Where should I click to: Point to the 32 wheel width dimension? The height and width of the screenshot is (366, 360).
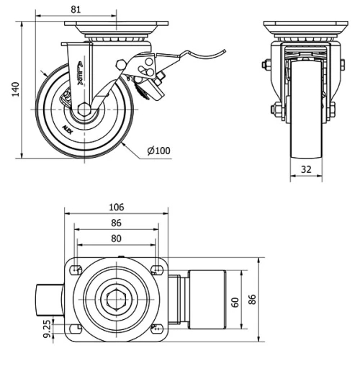pos(307,171)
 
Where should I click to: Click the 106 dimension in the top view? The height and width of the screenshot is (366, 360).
pos(115,207)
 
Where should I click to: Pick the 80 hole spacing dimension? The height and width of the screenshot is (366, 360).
pos(115,239)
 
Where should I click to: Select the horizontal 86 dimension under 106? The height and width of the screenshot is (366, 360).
pos(115,223)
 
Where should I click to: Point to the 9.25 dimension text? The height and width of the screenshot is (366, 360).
pos(47,329)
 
